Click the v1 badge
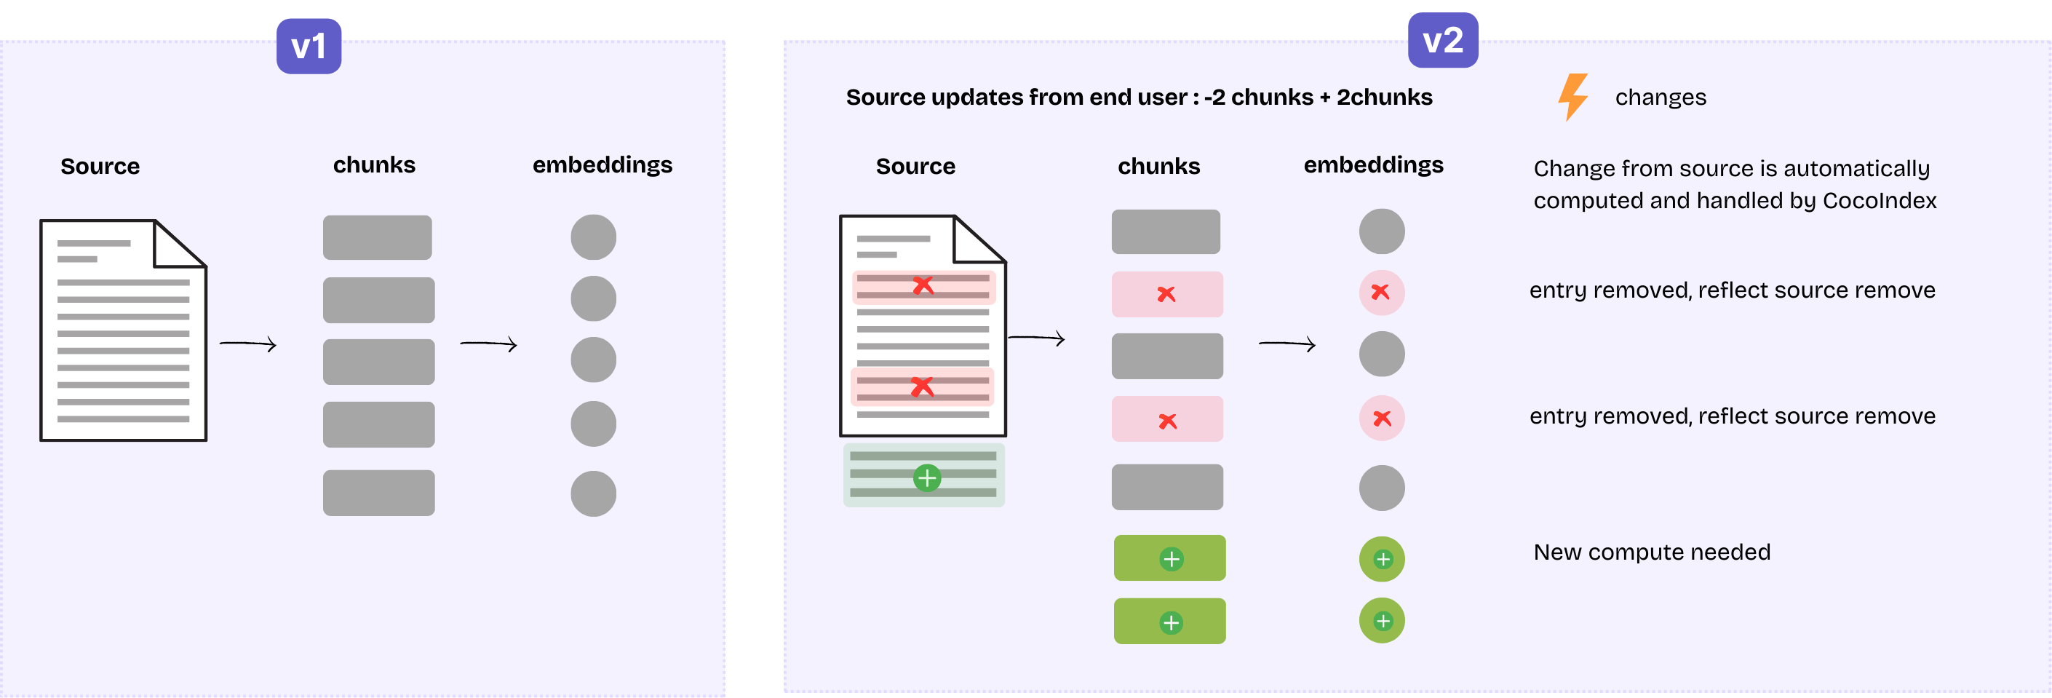[x=309, y=46]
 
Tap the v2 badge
[x=1443, y=40]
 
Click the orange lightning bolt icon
[x=1572, y=96]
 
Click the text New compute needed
[x=1651, y=552]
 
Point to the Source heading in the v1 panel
[x=100, y=166]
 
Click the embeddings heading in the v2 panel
[x=1373, y=165]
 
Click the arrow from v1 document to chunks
[x=247, y=344]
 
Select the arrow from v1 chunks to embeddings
[x=489, y=344]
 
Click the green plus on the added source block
[x=926, y=478]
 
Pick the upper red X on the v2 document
[x=923, y=285]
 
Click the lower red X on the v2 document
[x=922, y=387]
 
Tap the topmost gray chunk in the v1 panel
[x=378, y=237]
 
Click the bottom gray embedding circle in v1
[x=594, y=494]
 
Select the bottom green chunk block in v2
[x=1169, y=622]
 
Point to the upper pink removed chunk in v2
[x=1167, y=294]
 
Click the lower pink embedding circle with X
[x=1382, y=419]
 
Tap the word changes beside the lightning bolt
[x=1660, y=98]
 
